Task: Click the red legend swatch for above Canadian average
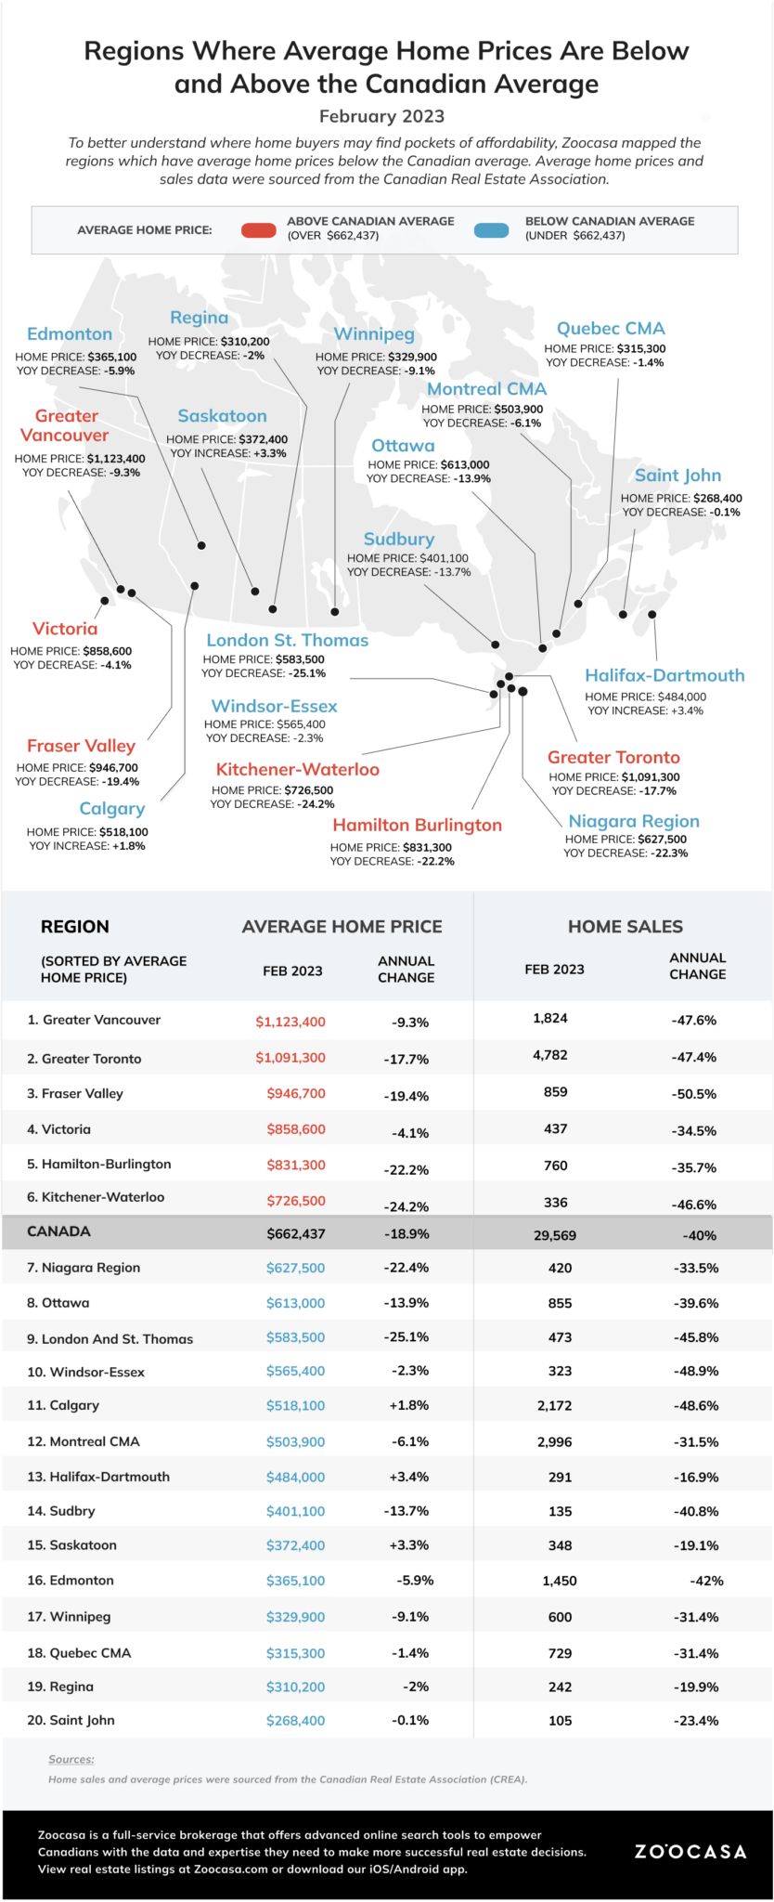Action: pyautogui.click(x=258, y=230)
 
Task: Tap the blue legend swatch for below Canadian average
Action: pyautogui.click(x=491, y=230)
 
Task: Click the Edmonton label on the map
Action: pyautogui.click(x=70, y=334)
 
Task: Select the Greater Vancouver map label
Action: pyautogui.click(x=65, y=425)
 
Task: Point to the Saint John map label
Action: pyautogui.click(x=677, y=475)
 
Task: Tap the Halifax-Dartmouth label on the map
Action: pyautogui.click(x=664, y=675)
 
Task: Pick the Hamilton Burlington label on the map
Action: pyautogui.click(x=418, y=825)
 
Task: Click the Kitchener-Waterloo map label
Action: pyautogui.click(x=298, y=769)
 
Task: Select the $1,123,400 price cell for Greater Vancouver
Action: pyautogui.click(x=290, y=1022)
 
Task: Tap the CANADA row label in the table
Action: pyautogui.click(x=58, y=1231)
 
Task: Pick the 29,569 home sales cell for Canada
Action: pyautogui.click(x=555, y=1235)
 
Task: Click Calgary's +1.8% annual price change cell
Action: pyautogui.click(x=408, y=1405)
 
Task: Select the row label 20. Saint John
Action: pyautogui.click(x=71, y=1720)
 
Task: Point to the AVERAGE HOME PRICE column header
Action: pyautogui.click(x=342, y=926)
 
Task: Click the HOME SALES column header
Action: pyautogui.click(x=625, y=926)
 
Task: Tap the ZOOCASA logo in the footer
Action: pyautogui.click(x=690, y=1852)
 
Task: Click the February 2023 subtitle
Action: pyautogui.click(x=381, y=116)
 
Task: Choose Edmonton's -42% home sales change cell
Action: pyautogui.click(x=706, y=1581)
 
